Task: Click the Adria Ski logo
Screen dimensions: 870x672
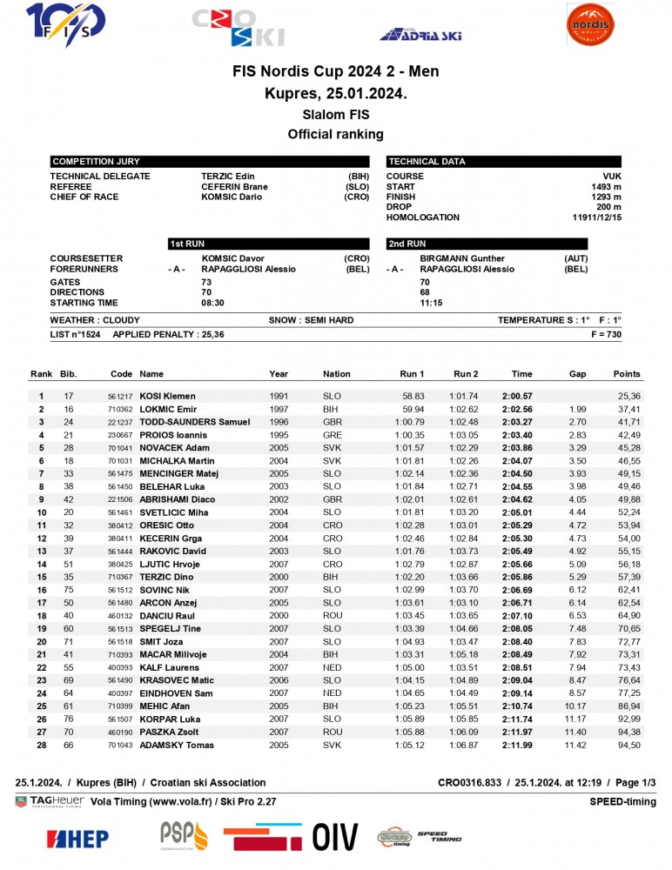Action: pos(420,35)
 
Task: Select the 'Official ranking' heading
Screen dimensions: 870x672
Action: pos(335,134)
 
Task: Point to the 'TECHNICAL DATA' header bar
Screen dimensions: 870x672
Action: pos(503,162)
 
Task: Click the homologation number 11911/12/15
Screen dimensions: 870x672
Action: pos(596,217)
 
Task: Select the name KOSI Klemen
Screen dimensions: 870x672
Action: pos(167,396)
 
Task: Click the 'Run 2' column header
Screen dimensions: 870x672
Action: pos(466,374)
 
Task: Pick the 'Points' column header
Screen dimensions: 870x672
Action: pos(626,374)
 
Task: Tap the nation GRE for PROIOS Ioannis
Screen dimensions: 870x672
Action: pos(332,435)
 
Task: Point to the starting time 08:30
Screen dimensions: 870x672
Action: pos(212,303)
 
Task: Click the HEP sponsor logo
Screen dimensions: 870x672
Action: pos(78,839)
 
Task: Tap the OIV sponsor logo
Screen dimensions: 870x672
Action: pos(335,837)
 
